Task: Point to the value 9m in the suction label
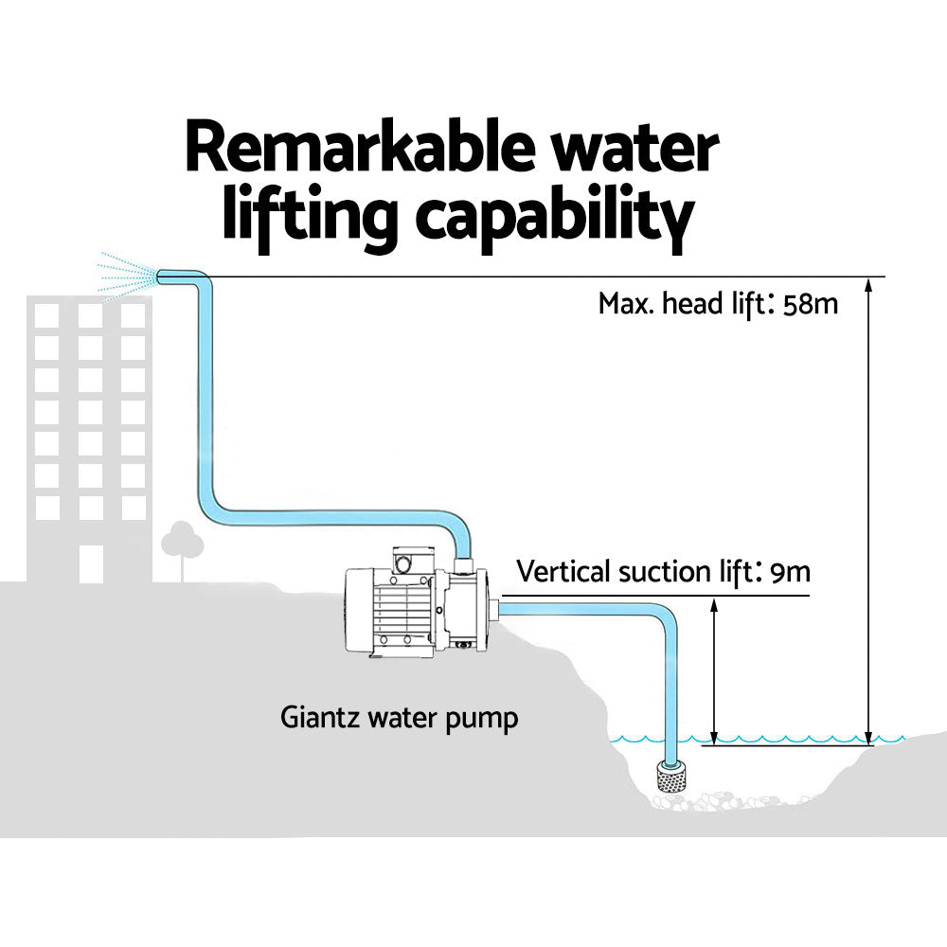[x=791, y=573]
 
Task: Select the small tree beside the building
[x=182, y=545]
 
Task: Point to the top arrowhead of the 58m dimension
[x=868, y=284]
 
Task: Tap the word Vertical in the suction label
[x=563, y=573]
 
